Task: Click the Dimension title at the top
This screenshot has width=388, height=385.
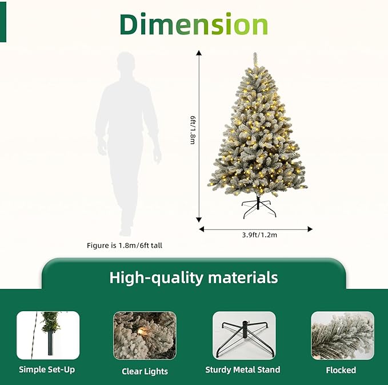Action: [194, 25]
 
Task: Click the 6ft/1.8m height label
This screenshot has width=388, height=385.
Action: [193, 129]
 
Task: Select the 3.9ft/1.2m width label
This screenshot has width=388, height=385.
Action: [255, 235]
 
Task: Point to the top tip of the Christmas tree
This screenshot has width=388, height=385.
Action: [255, 54]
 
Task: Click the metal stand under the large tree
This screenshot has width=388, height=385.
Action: [258, 208]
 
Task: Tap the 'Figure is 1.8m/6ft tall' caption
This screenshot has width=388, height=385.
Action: [127, 245]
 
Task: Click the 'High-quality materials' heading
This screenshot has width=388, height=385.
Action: [194, 278]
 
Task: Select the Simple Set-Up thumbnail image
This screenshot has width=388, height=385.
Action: [47, 335]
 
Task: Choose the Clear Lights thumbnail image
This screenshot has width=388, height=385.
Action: [145, 335]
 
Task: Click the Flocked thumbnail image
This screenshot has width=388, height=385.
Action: [341, 335]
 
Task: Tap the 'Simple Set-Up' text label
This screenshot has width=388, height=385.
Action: [47, 370]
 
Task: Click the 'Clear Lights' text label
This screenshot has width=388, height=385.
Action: [145, 371]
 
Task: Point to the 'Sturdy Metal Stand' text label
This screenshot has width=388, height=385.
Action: [243, 370]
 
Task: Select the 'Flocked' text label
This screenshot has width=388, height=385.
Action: [341, 370]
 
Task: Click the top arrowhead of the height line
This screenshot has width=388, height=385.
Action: [199, 53]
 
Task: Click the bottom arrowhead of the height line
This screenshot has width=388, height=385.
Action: [199, 219]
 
